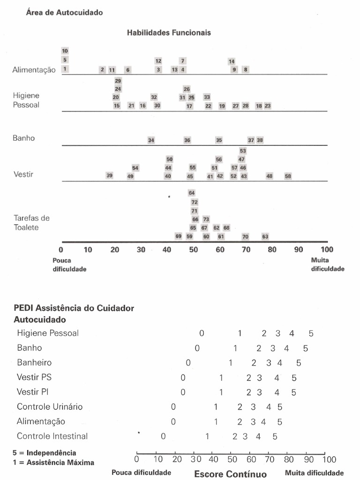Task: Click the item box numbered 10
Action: [x=65, y=51]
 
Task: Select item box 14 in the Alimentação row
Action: [x=232, y=61]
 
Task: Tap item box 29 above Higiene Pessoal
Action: [x=118, y=81]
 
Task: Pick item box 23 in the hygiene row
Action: [x=268, y=106]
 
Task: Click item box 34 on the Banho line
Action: [x=151, y=140]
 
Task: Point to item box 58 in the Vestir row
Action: [x=288, y=176]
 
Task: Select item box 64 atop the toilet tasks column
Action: [x=192, y=193]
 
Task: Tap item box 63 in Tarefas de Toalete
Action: [x=265, y=237]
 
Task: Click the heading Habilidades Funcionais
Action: [x=169, y=33]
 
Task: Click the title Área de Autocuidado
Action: [x=64, y=13]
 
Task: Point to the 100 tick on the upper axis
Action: [x=327, y=249]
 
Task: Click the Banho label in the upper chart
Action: [x=23, y=138]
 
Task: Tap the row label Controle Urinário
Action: [x=50, y=406]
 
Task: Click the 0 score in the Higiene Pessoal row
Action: [x=202, y=333]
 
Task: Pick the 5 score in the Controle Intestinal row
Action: [x=275, y=436]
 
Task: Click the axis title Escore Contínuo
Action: [x=230, y=473]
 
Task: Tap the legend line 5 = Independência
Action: [x=45, y=453]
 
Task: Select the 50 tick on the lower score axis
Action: [x=232, y=459]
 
